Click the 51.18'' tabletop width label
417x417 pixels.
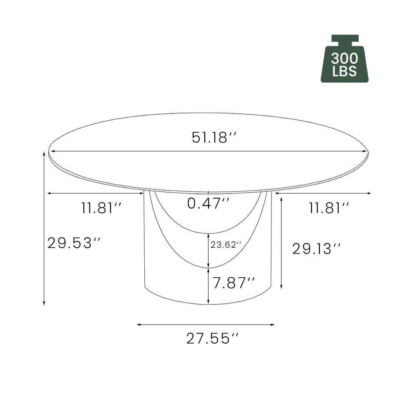(214, 138)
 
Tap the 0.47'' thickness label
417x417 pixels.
(208, 203)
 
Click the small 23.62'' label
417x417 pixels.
(226, 245)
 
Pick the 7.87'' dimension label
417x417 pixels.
(234, 284)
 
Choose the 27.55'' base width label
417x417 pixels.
(214, 339)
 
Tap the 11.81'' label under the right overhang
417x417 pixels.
(329, 208)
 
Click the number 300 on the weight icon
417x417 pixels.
(344, 58)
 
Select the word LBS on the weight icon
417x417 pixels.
(344, 71)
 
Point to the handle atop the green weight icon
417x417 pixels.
(345, 39)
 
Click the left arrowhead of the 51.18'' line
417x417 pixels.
(52, 151)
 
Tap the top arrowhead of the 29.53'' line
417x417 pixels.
(44, 153)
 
